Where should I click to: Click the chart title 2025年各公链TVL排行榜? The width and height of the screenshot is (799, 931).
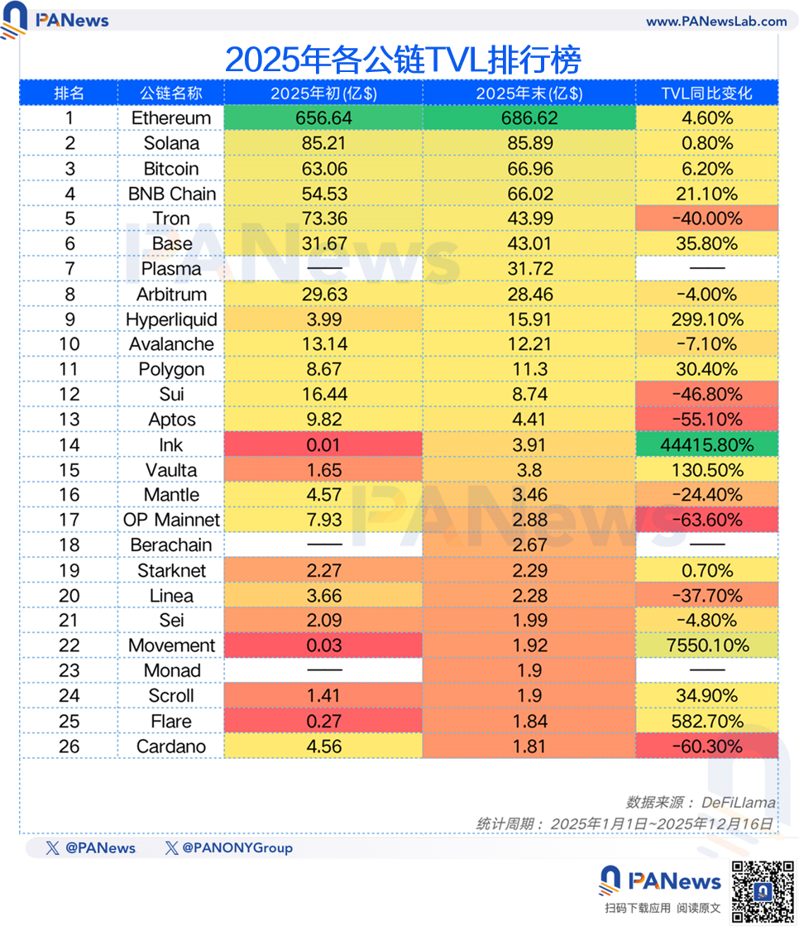(403, 60)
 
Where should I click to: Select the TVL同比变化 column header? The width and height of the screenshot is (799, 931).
(707, 93)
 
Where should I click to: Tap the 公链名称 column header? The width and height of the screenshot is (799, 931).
(171, 93)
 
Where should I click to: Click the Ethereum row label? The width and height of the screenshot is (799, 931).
(171, 118)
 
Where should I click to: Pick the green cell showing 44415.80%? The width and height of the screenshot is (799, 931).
(707, 445)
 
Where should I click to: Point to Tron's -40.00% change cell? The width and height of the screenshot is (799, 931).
(707, 219)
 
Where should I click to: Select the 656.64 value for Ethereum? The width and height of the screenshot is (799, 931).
(323, 118)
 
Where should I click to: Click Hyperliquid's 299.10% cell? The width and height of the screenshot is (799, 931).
(707, 319)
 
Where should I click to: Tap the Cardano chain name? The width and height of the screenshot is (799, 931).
(171, 746)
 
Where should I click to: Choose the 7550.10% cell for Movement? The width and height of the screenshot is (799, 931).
(707, 645)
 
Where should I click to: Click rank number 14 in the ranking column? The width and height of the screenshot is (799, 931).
(69, 445)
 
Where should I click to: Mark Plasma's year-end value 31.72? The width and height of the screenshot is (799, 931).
(529, 269)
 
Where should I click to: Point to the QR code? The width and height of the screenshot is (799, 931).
(762, 891)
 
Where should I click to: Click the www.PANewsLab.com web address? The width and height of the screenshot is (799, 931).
(716, 22)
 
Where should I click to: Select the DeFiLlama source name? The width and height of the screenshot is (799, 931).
(738, 802)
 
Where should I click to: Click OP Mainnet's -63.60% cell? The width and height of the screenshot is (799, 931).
(707, 520)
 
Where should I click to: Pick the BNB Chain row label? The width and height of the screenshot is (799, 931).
(171, 194)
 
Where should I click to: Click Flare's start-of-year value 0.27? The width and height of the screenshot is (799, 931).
(323, 721)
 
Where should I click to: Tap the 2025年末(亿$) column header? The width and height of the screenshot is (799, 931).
(529, 93)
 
